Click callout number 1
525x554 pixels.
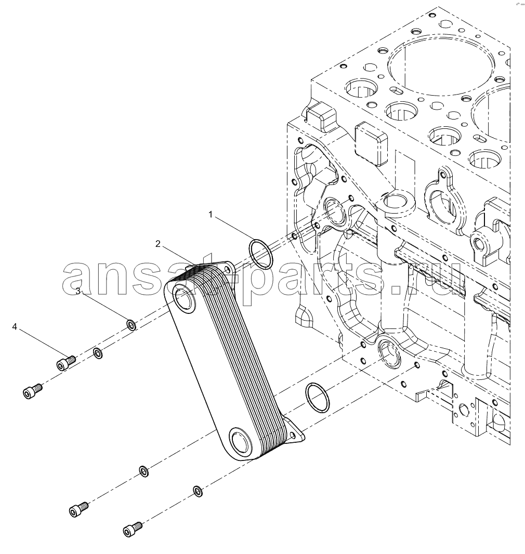211,215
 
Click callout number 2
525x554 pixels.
157,243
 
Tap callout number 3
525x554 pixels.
78,291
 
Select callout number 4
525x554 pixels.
15,326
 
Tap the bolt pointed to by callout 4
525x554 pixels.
66,363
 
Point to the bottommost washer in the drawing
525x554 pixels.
198,491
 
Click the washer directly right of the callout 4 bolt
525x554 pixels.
98,353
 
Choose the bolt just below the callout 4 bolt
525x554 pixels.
33,392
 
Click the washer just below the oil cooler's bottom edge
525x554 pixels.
144,471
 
